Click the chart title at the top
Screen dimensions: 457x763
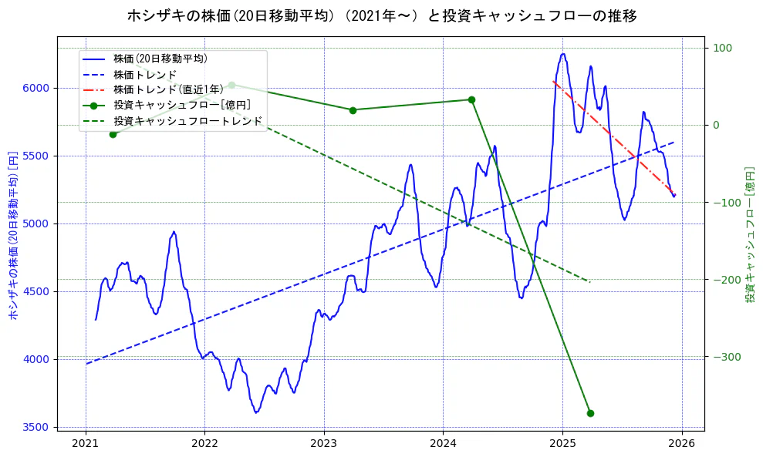[381, 15]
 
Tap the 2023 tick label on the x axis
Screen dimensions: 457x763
[324, 444]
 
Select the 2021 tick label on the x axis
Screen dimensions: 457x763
[85, 444]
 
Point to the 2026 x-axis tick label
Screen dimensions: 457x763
[682, 444]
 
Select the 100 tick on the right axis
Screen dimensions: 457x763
[721, 48]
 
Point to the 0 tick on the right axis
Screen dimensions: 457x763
[716, 125]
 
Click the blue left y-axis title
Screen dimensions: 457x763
[12, 234]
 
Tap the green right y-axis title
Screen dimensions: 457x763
[750, 234]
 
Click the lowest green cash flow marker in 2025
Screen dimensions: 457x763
[590, 413]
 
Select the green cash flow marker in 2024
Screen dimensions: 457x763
[471, 99]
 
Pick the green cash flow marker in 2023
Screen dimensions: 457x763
[353, 110]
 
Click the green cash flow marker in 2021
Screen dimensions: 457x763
[113, 134]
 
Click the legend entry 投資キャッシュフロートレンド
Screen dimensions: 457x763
[187, 121]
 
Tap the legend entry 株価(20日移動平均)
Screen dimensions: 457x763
[160, 58]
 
